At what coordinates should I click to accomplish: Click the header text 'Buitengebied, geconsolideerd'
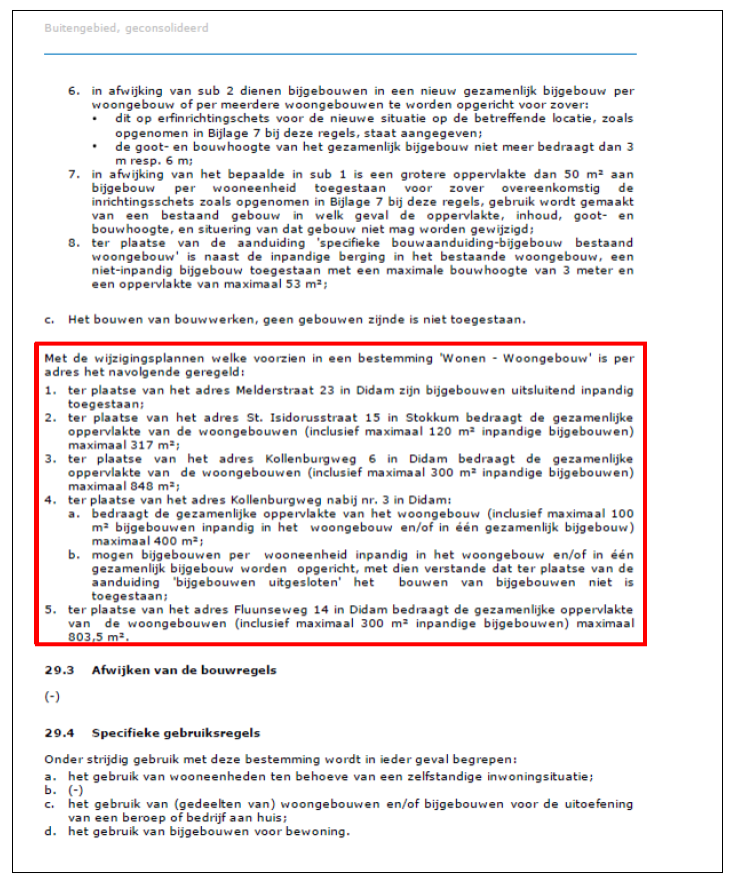(x=126, y=29)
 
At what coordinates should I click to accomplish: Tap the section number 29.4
(x=56, y=733)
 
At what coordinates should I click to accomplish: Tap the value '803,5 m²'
(x=105, y=634)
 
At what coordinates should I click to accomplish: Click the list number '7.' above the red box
(x=73, y=174)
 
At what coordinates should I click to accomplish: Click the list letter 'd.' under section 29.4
(x=50, y=830)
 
